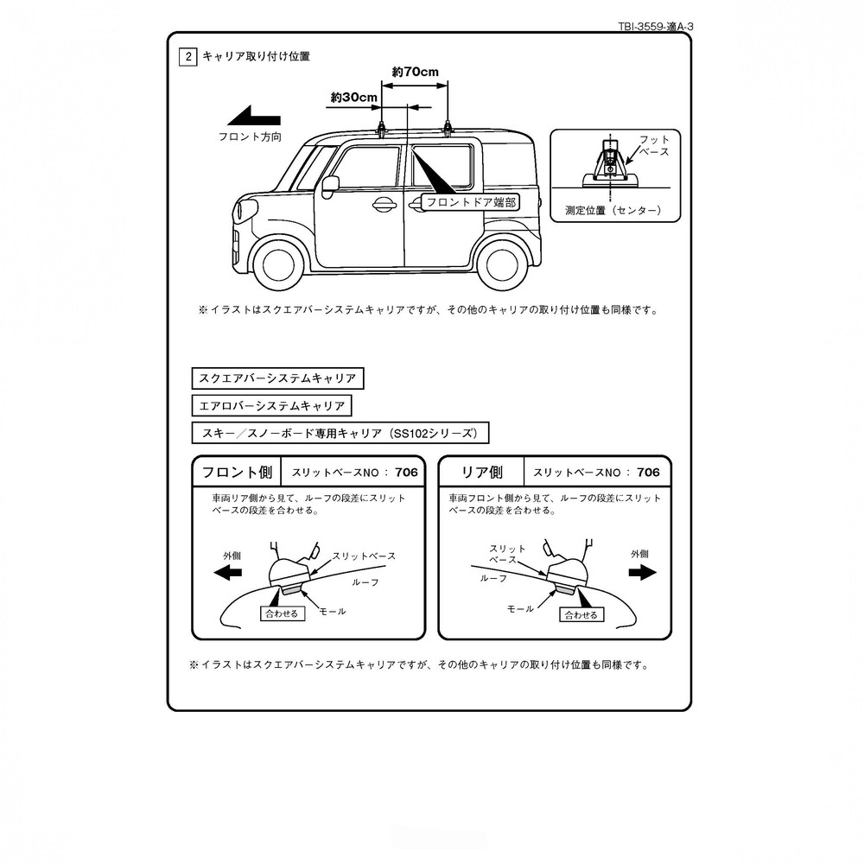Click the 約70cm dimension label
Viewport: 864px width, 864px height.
tap(415, 72)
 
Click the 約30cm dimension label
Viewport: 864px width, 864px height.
tap(353, 98)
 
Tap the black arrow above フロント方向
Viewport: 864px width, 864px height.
tap(254, 117)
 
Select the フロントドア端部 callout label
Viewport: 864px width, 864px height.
tap(471, 203)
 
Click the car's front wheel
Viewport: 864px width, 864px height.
tap(278, 264)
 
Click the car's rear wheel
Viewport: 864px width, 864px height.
tap(502, 264)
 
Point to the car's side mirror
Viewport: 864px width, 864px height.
tap(329, 186)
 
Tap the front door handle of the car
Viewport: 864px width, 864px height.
tap(384, 205)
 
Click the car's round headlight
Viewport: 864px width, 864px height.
tap(245, 209)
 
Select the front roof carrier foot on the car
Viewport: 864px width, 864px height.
tap(381, 129)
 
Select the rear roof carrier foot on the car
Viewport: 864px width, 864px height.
tap(448, 129)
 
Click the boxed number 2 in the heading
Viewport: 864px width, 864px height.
tap(187, 57)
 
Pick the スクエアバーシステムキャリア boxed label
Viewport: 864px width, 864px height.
tap(277, 378)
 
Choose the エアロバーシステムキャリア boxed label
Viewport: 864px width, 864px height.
tap(271, 406)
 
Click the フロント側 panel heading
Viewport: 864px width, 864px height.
tap(237, 473)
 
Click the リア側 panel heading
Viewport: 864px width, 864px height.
tap(481, 473)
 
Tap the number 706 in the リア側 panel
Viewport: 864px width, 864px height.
tap(648, 473)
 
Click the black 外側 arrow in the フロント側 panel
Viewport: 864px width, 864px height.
tap(227, 573)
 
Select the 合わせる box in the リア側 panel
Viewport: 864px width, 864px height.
tap(581, 615)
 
